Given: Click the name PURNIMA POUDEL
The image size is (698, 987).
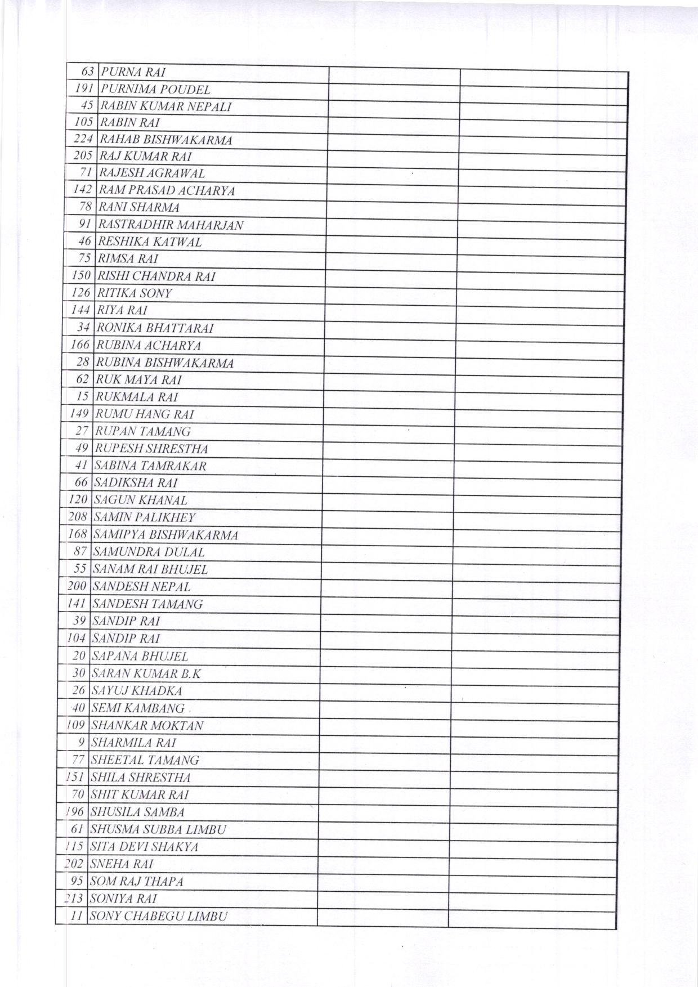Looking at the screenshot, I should (x=156, y=90).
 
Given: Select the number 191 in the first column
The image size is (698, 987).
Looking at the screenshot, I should (x=83, y=89).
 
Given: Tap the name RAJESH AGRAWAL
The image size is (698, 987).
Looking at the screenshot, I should (x=152, y=173).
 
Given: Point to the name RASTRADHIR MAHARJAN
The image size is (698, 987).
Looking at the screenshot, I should (x=171, y=225).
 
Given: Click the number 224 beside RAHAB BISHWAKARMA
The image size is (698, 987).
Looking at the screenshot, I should (x=83, y=139).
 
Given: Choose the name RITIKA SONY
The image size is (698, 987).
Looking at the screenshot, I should (x=135, y=293).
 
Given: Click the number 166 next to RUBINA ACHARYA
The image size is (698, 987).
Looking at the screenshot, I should (x=80, y=345).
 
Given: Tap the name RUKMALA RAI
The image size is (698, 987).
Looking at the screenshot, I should (x=137, y=397).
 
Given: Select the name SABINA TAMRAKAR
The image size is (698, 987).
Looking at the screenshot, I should (x=150, y=466).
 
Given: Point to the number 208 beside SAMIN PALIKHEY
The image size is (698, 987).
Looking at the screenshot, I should (x=78, y=517).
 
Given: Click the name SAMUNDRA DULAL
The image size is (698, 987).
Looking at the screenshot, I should (x=149, y=552).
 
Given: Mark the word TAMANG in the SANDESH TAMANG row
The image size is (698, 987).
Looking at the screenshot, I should (x=178, y=604).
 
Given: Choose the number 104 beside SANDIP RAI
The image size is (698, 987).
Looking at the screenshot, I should (x=77, y=638).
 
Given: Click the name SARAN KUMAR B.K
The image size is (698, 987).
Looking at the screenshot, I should (x=146, y=673).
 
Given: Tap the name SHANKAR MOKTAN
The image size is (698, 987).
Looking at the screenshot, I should (x=147, y=726).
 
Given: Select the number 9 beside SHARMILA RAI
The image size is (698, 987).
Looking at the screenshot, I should (x=82, y=743).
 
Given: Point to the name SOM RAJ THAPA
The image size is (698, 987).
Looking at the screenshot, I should (x=137, y=881).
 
